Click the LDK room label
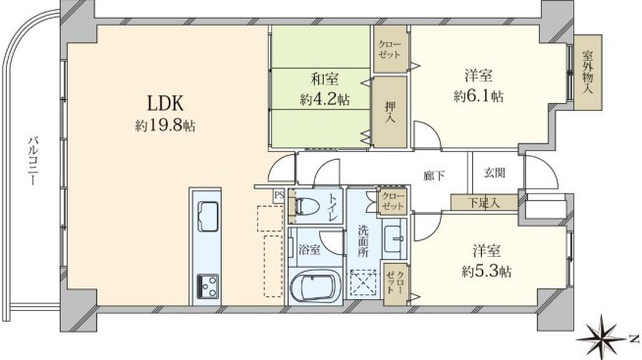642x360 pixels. (165, 104)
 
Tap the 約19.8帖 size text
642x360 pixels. (165, 126)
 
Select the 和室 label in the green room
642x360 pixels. (325, 78)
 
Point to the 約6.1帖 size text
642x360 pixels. (478, 96)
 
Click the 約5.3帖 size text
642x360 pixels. (487, 272)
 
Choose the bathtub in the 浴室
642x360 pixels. (315, 285)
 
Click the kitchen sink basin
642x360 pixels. (207, 217)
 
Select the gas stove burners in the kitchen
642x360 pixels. (207, 286)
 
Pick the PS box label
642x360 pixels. (279, 195)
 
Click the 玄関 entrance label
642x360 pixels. (495, 173)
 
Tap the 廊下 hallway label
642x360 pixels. (435, 176)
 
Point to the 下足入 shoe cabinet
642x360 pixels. (484, 202)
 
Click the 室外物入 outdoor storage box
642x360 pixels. (588, 72)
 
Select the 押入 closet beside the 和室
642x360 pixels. (390, 112)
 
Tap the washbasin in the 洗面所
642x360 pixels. (394, 238)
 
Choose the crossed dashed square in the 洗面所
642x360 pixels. (362, 283)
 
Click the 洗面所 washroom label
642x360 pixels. (363, 241)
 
